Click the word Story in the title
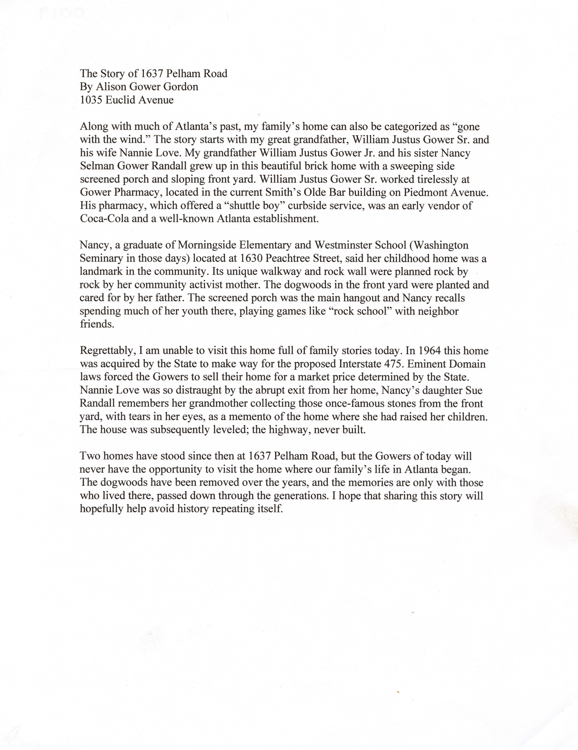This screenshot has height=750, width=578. (x=116, y=73)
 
